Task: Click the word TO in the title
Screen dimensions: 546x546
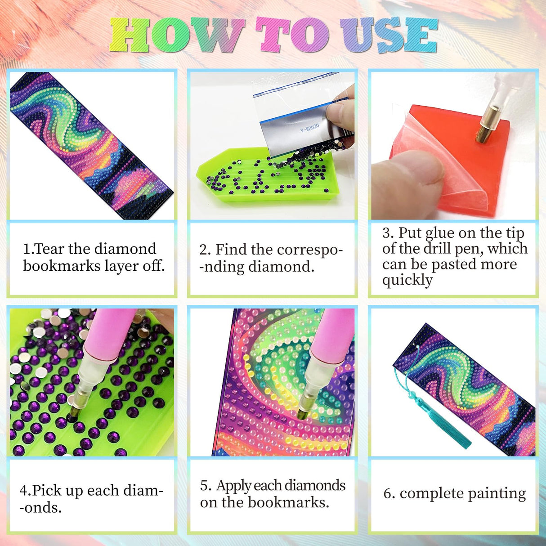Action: pyautogui.click(x=292, y=35)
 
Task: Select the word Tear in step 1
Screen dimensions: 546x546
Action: pyautogui.click(x=50, y=249)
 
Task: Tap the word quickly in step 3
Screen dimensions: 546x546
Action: pyautogui.click(x=407, y=280)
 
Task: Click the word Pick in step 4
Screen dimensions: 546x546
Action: pyautogui.click(x=47, y=490)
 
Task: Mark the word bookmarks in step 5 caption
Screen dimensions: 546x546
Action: pyautogui.click(x=294, y=502)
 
